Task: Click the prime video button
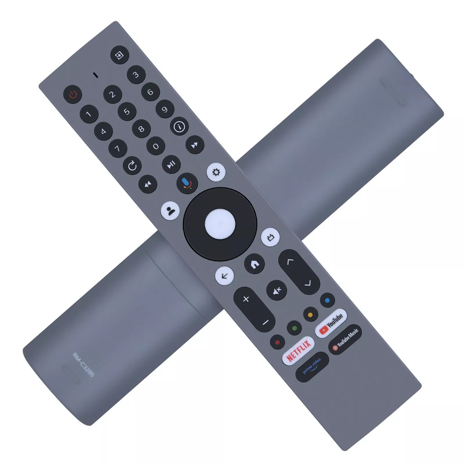312,367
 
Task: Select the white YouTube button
331,323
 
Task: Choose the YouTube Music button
345,339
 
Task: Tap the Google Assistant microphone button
187,183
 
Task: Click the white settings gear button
216,172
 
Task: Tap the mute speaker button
277,290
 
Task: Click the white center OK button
220,224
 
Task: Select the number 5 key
127,112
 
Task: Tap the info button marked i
179,126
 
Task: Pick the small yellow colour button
311,313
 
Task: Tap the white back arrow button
224,275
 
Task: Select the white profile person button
170,211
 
